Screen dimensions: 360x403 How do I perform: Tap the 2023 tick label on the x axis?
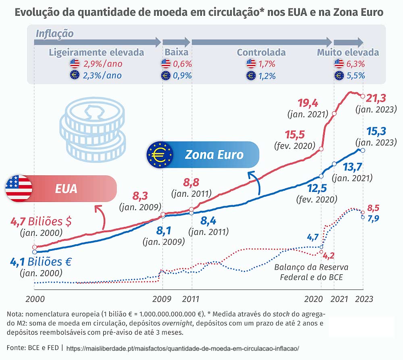coord(363,300)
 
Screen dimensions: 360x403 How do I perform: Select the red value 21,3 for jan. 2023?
coord(377,98)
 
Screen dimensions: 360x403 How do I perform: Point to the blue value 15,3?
coord(376,131)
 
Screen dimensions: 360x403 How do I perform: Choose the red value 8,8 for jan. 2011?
coord(191,182)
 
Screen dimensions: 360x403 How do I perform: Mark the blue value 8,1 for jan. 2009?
coord(164,231)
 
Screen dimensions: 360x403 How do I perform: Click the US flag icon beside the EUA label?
coord(19,188)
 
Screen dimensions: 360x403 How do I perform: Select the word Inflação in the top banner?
coord(55,33)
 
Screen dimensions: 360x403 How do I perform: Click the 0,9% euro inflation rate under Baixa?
coord(182,75)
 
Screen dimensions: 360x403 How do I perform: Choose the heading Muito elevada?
coord(348,52)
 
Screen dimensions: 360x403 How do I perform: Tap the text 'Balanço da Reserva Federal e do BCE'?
coord(311,272)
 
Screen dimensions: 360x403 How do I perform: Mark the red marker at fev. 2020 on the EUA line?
coord(321,149)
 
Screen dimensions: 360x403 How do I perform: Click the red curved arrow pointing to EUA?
coord(102,218)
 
